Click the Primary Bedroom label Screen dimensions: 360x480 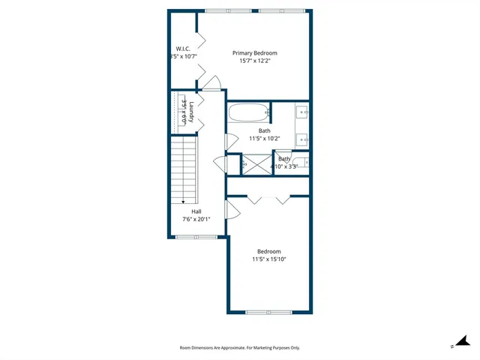(254, 52)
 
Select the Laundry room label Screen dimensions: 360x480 (192, 112)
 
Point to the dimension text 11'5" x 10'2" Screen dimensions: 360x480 (264, 139)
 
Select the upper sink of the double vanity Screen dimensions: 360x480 (303, 112)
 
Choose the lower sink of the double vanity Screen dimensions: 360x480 (303, 138)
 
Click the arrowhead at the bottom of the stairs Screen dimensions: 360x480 (183, 201)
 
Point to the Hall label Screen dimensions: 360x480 (196, 211)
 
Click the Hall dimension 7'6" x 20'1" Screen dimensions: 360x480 (196, 220)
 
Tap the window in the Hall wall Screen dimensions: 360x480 (196, 237)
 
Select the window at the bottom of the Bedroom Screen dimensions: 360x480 (268, 312)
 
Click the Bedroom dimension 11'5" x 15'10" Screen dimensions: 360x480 (268, 259)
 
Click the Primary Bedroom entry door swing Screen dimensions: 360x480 (213, 82)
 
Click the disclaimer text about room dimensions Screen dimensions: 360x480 (239, 348)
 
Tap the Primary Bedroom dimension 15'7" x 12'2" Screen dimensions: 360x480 (254, 61)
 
